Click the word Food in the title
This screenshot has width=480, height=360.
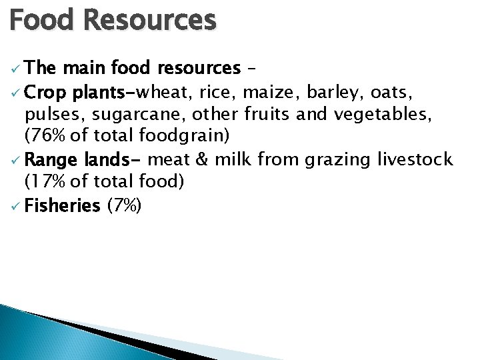pyautogui.click(x=41, y=20)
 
